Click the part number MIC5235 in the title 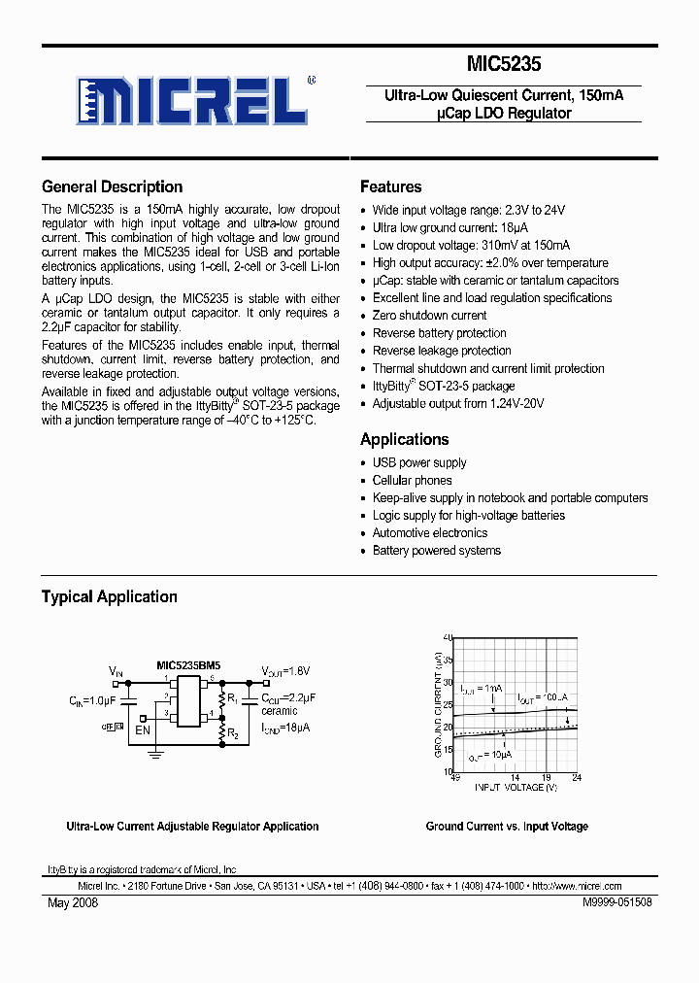(x=503, y=64)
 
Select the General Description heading (x=112, y=187)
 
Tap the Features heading (x=390, y=187)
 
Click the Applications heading (x=404, y=439)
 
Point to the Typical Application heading (x=109, y=597)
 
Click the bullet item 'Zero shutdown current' (x=429, y=316)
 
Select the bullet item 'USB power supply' (x=419, y=463)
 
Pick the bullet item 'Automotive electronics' (x=430, y=533)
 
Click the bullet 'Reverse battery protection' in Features (x=439, y=333)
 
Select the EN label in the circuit (x=143, y=729)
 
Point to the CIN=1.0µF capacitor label (x=92, y=699)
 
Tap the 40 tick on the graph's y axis (x=448, y=637)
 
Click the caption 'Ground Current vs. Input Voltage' (x=506, y=827)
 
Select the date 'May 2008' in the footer (x=73, y=902)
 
